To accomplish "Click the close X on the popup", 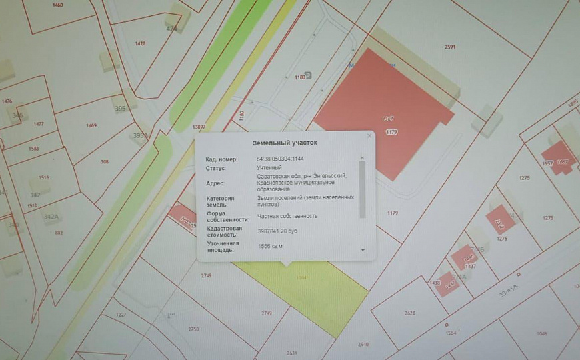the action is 369,136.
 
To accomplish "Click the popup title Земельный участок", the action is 285,143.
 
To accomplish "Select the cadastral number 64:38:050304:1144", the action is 285,159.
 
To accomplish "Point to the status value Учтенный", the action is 269,167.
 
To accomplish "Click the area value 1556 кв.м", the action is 271,247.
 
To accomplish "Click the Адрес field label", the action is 215,183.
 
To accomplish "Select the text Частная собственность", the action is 287,216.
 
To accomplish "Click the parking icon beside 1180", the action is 307,75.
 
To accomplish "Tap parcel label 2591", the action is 450,47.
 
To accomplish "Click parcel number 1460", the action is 57,5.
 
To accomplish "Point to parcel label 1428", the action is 140,43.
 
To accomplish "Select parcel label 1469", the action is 91,125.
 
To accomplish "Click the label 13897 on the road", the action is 198,127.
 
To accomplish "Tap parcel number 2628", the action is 410,313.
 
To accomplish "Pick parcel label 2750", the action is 193,329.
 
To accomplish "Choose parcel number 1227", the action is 121,314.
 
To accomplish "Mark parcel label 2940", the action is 363,344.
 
